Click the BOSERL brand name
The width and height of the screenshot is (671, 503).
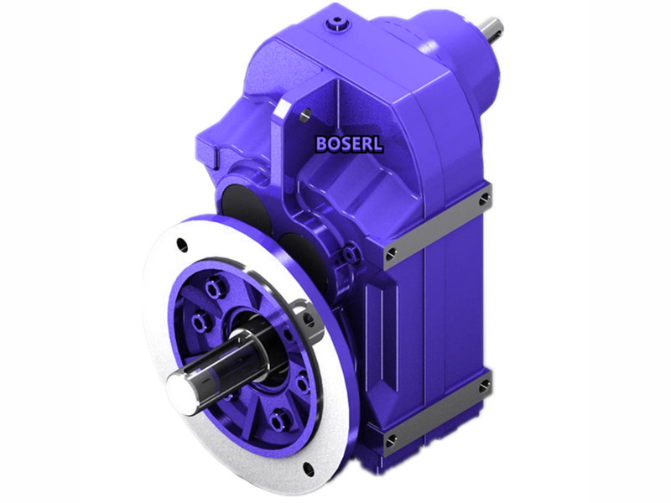tap(349, 143)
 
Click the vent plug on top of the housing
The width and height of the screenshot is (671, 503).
tap(337, 17)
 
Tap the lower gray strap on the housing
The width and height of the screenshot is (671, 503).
tap(436, 413)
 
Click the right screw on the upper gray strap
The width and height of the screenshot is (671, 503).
tap(485, 199)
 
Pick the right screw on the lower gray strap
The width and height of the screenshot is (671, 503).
tap(485, 386)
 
